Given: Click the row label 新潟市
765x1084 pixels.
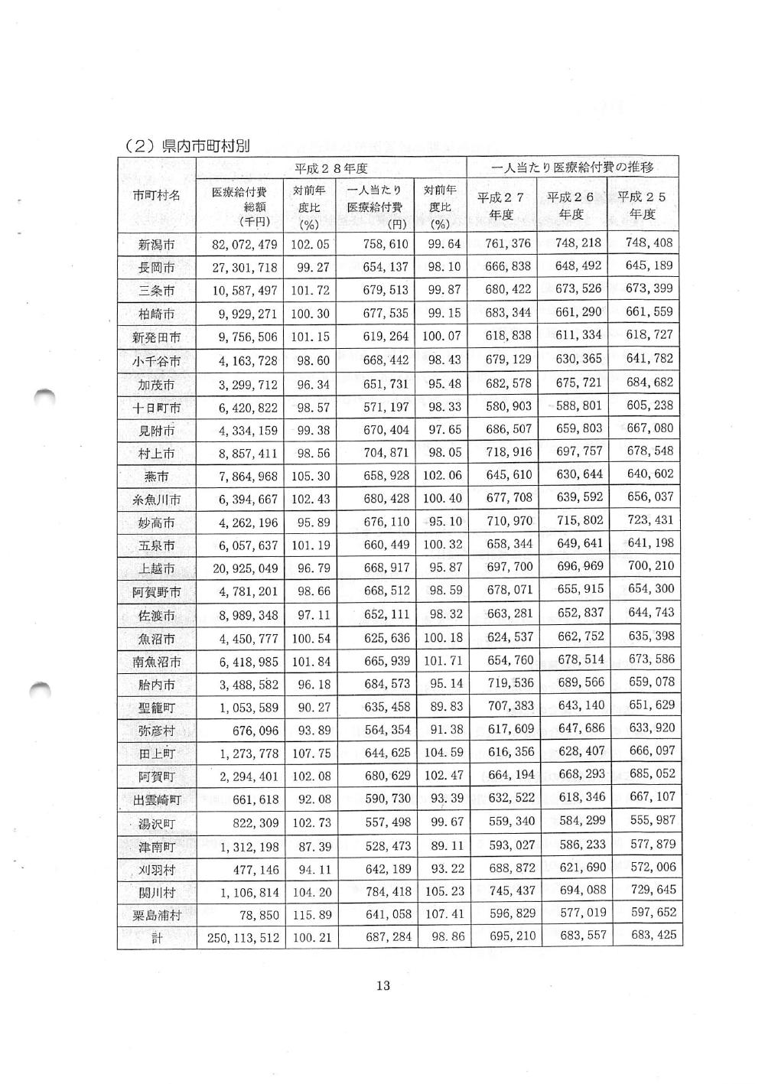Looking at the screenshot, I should (157, 246).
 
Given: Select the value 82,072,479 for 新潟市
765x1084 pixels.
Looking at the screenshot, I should (244, 245).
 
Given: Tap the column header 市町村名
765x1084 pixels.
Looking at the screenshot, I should (157, 195).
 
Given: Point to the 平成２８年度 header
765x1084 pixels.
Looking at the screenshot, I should (331, 168).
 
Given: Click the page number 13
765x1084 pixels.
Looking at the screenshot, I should (382, 985).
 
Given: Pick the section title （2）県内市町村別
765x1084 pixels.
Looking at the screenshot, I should (187, 146).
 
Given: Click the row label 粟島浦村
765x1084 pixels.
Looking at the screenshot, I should (157, 915).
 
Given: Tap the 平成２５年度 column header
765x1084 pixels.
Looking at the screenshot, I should (643, 205).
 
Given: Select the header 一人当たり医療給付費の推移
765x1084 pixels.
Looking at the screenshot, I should (573, 168).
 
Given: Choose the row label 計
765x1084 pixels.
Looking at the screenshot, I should (157, 938).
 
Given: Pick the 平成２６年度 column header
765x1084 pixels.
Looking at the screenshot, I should (571, 205).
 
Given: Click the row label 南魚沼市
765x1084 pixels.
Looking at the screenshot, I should (157, 662).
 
